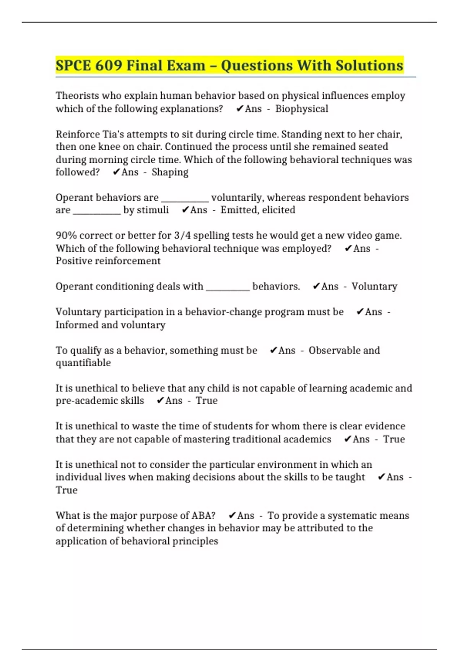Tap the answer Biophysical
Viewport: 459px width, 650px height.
tap(301, 109)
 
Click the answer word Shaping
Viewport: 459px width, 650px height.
tap(170, 172)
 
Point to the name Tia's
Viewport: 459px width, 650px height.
tap(114, 134)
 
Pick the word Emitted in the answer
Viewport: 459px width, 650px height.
tap(236, 210)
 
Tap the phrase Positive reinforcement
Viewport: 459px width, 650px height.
tap(108, 261)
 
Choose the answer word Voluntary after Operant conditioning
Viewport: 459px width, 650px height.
tap(374, 286)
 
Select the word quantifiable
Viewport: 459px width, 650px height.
tap(83, 363)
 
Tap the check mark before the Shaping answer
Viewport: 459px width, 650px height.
tap(116, 172)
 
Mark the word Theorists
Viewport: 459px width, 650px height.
tap(77, 96)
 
